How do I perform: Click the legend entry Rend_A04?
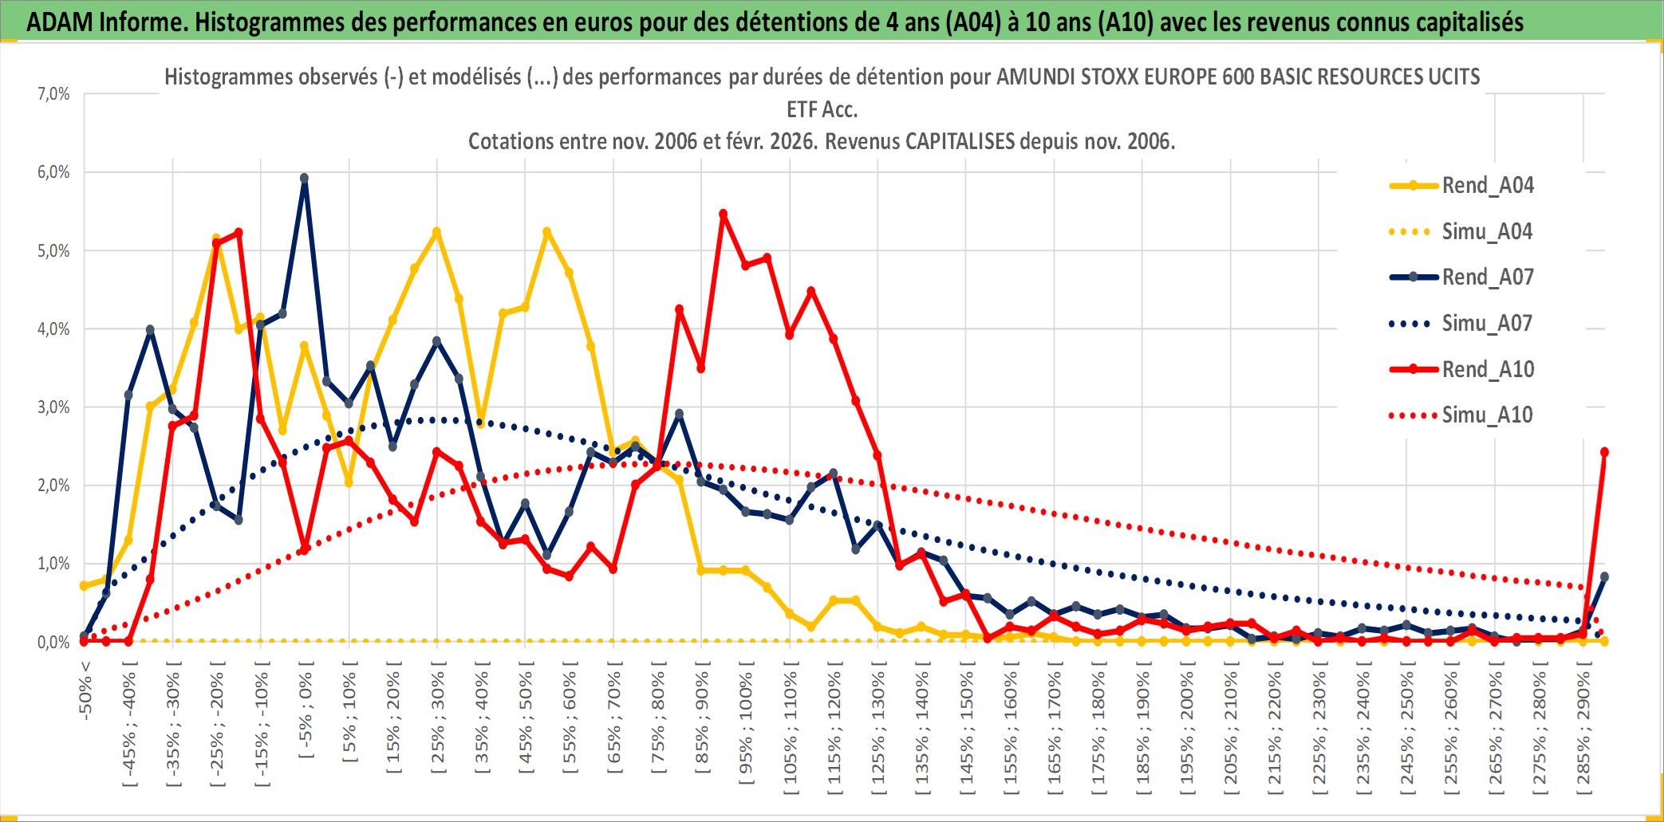coord(1487,186)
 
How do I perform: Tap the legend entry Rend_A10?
coord(1487,369)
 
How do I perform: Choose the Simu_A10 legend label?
coord(1487,415)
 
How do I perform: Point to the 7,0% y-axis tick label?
coord(53,94)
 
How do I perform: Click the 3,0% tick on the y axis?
coord(53,407)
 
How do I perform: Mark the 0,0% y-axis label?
coord(53,642)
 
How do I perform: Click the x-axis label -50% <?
coord(85,690)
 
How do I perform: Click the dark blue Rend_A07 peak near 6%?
coord(304,179)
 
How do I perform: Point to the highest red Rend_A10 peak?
coord(724,214)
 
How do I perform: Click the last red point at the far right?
coord(1604,452)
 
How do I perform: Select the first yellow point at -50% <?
coord(84,586)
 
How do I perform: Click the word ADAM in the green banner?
coord(60,22)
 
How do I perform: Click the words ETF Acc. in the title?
coord(822,109)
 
